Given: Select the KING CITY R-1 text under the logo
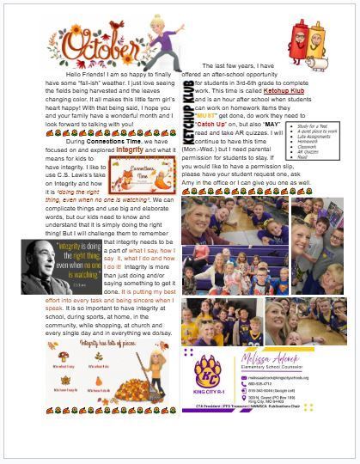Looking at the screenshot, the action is [x=204, y=398].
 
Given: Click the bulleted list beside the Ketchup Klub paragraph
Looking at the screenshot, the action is [x=332, y=130].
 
